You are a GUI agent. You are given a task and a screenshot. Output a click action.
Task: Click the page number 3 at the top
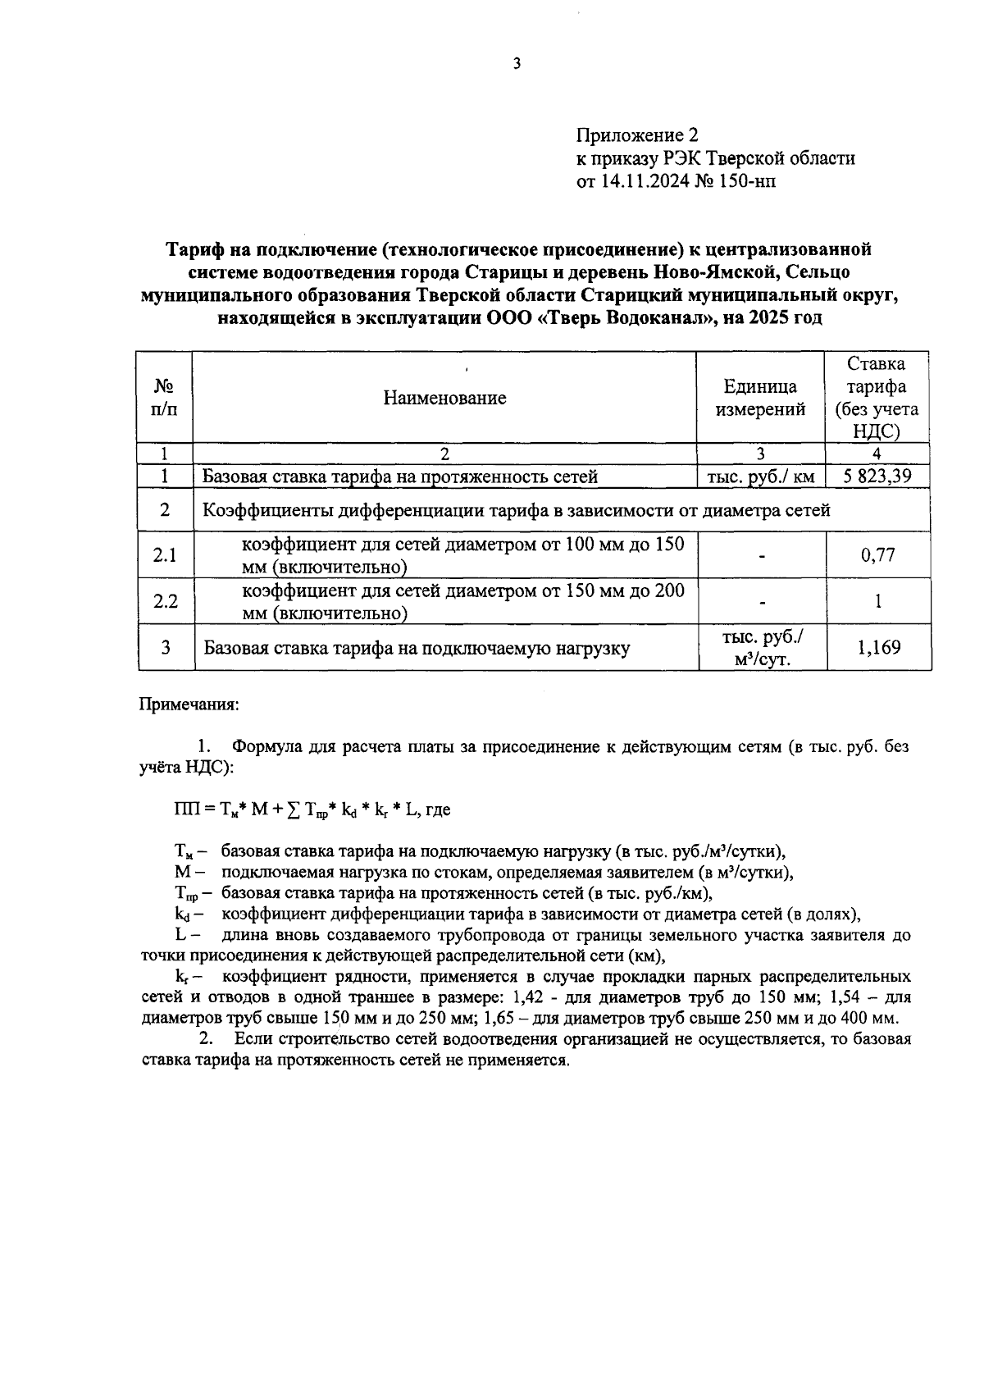click(x=516, y=65)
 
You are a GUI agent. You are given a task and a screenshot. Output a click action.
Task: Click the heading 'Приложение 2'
click(x=636, y=135)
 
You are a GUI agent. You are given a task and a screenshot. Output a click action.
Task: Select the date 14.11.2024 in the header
click(x=645, y=181)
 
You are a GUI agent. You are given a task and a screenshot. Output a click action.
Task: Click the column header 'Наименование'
click(x=444, y=398)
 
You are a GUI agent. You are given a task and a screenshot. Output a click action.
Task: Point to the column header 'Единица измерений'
click(x=760, y=398)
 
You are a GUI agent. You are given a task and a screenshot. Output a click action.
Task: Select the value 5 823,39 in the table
click(x=877, y=476)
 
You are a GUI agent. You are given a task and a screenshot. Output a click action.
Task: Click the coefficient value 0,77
click(x=877, y=555)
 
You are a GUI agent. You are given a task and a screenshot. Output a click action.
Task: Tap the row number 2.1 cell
click(x=165, y=555)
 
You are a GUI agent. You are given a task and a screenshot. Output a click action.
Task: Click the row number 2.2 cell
click(x=165, y=601)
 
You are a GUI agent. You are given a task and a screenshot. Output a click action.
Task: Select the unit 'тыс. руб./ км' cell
click(x=760, y=476)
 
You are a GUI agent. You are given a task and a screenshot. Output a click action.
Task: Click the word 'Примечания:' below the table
click(x=189, y=705)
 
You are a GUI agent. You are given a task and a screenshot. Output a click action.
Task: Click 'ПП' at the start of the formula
click(x=183, y=810)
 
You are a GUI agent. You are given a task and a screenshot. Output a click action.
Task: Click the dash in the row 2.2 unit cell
click(x=762, y=603)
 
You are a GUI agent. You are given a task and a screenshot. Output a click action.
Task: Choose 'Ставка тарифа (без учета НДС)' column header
click(x=877, y=398)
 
